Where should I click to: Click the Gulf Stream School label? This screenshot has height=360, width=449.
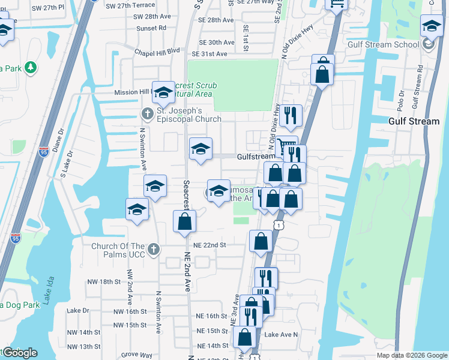point(384,44)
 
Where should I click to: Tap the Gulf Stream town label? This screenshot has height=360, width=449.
point(414,121)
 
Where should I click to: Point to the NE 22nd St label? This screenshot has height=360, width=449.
point(209,245)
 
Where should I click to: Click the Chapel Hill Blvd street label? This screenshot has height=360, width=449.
point(157,52)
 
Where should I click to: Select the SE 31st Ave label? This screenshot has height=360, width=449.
point(209,54)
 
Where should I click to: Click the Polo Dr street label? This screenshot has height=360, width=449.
point(400,99)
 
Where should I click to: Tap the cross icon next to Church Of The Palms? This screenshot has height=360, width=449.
point(153,249)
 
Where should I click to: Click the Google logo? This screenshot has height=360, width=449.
point(20,353)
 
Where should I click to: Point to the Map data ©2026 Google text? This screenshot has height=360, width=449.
point(412,355)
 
